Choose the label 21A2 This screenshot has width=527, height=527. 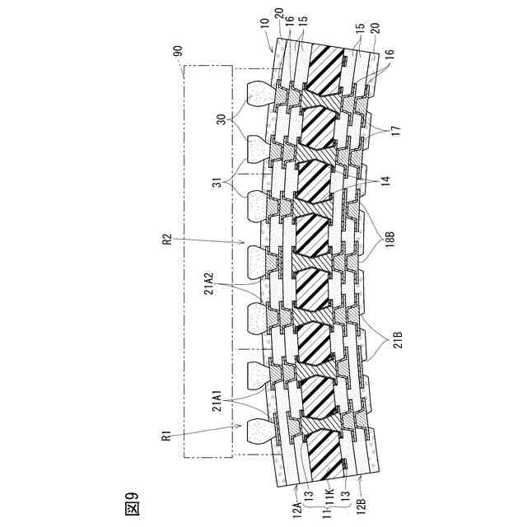(220, 286)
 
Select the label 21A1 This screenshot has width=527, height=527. (220, 403)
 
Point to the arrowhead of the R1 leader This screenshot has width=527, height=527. (244, 426)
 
